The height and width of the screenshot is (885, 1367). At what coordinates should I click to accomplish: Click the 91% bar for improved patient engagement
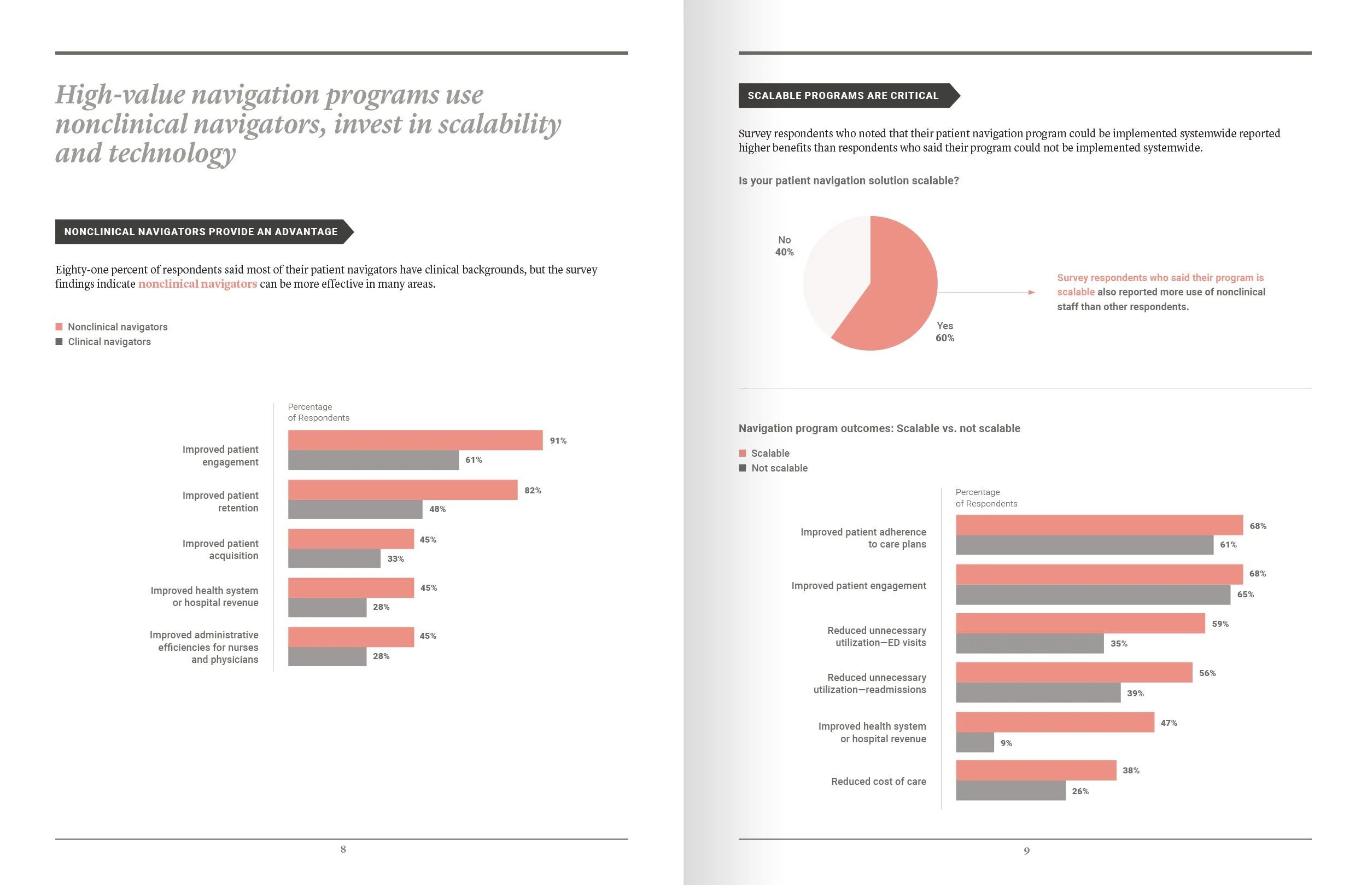click(x=414, y=440)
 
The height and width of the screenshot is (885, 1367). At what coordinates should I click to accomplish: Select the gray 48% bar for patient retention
click(x=355, y=509)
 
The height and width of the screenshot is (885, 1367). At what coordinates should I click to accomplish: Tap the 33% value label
click(x=395, y=558)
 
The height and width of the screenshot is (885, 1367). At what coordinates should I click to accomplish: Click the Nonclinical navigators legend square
click(x=59, y=327)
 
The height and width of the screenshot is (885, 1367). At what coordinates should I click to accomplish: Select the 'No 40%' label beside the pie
click(x=784, y=246)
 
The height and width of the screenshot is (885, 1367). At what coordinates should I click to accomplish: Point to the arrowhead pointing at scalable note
click(x=1032, y=293)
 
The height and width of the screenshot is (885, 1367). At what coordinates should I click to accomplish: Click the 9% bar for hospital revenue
click(x=975, y=742)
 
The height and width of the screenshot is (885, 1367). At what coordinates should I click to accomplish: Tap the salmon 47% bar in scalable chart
click(x=1055, y=723)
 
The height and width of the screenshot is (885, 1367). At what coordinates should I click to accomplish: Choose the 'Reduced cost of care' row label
click(x=878, y=782)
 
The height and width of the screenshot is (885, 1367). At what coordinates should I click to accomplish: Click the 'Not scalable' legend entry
click(x=779, y=468)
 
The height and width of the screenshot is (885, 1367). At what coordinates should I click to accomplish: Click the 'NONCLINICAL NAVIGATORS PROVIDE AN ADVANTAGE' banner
click(x=201, y=231)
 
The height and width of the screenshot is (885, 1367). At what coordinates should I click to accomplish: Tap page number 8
click(x=343, y=849)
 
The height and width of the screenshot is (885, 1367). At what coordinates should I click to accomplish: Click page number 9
click(x=1026, y=851)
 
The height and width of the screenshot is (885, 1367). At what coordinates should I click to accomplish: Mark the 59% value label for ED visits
click(x=1220, y=624)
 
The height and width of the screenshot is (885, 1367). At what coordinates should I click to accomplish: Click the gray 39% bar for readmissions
click(x=1038, y=693)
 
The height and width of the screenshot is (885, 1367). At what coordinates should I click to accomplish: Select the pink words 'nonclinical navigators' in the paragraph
click(x=197, y=284)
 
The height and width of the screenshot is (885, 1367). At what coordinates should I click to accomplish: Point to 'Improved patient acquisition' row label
click(x=220, y=549)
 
